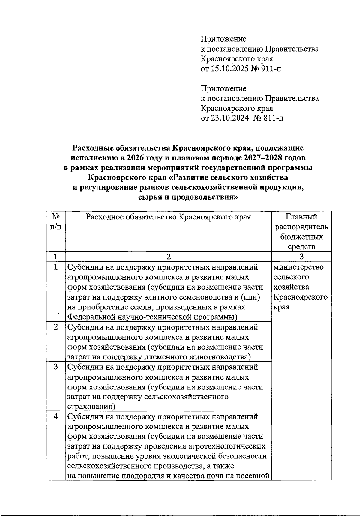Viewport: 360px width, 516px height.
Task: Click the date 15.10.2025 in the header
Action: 230,69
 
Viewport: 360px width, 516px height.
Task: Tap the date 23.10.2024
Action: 230,118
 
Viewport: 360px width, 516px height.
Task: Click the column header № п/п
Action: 56,222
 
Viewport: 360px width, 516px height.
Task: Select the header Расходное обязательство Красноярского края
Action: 168,217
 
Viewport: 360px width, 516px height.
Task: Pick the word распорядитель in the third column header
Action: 301,227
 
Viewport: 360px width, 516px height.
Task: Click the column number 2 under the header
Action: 168,257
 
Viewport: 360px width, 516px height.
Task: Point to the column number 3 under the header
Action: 301,257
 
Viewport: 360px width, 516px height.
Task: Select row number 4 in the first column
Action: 56,417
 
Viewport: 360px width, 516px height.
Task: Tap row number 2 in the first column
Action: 56,327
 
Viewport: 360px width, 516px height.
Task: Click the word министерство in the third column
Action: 299,267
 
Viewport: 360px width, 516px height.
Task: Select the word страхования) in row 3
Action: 91,407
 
